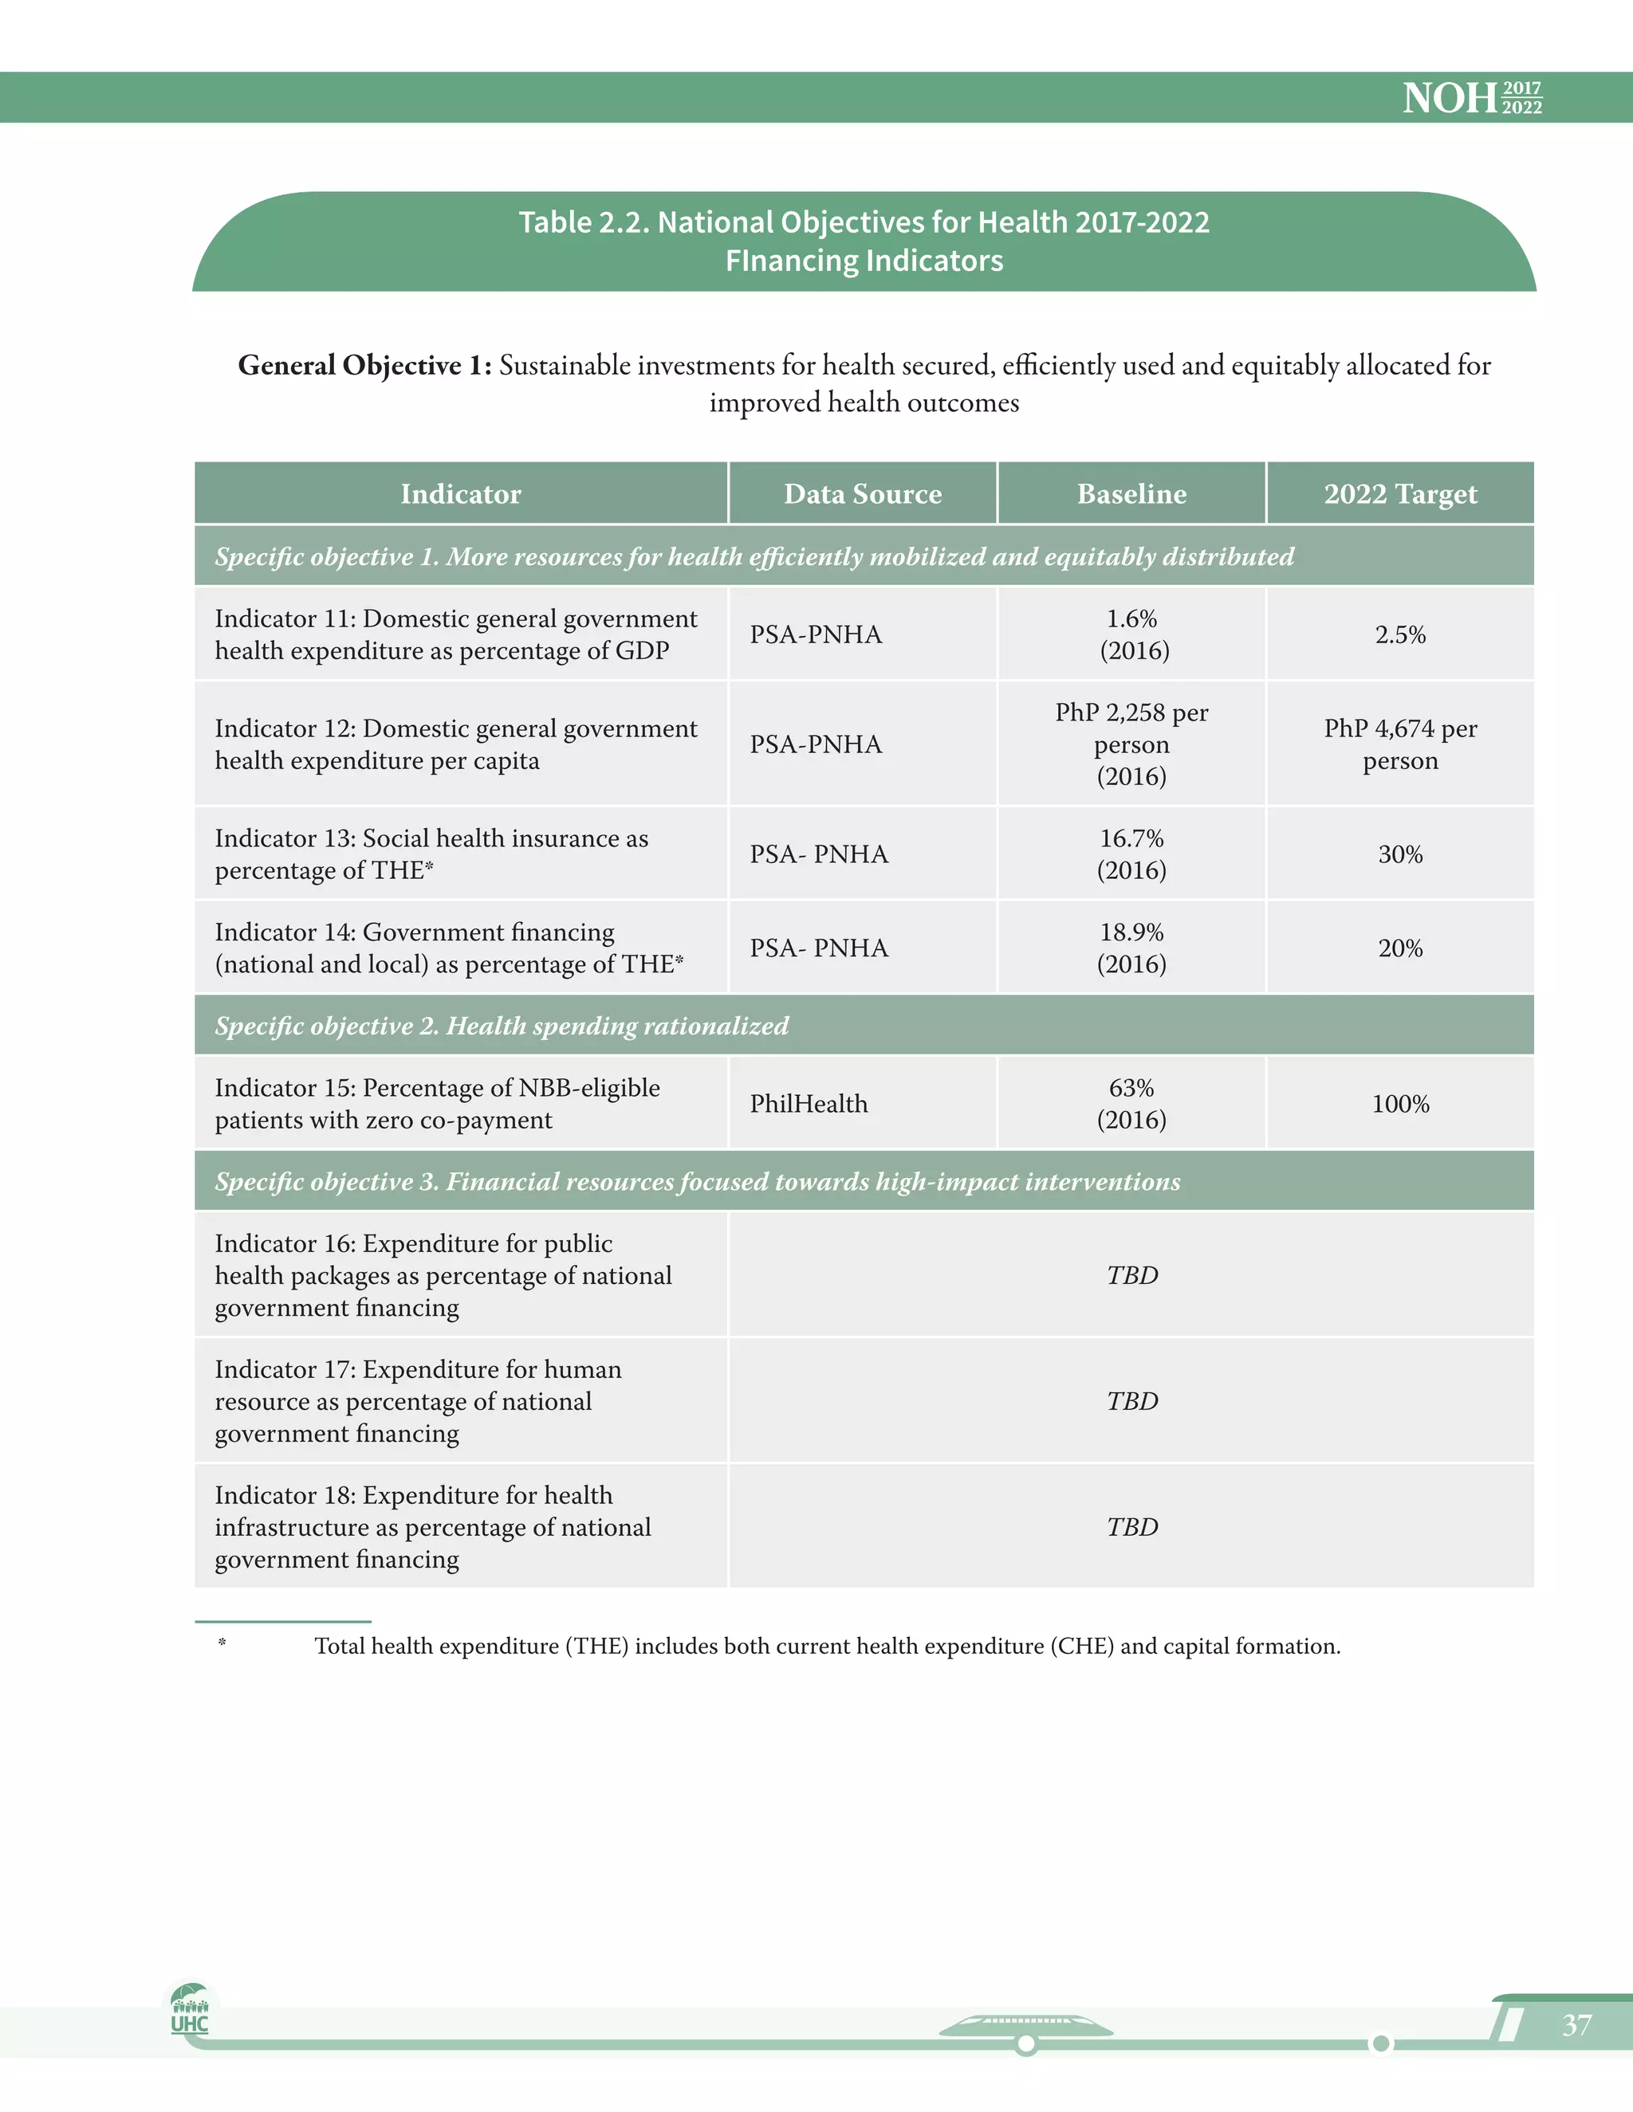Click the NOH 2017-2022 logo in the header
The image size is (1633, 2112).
pyautogui.click(x=1471, y=98)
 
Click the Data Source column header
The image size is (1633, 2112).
pyautogui.click(x=862, y=494)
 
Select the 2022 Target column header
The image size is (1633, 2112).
pyautogui.click(x=1400, y=494)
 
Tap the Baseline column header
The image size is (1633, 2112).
pyautogui.click(x=1131, y=494)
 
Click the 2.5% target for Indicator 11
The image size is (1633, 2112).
pyautogui.click(x=1400, y=635)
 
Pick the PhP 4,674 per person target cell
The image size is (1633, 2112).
pyautogui.click(x=1400, y=744)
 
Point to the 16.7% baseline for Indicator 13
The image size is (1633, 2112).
pyautogui.click(x=1131, y=839)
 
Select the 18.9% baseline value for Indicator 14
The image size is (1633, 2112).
pyautogui.click(x=1131, y=933)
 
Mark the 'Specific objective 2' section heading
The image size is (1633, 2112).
pyautogui.click(x=501, y=1026)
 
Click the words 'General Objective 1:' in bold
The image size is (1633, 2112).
pyautogui.click(x=364, y=366)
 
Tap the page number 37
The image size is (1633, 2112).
pyautogui.click(x=1576, y=2025)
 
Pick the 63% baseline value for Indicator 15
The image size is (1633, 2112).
pyautogui.click(x=1131, y=1089)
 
